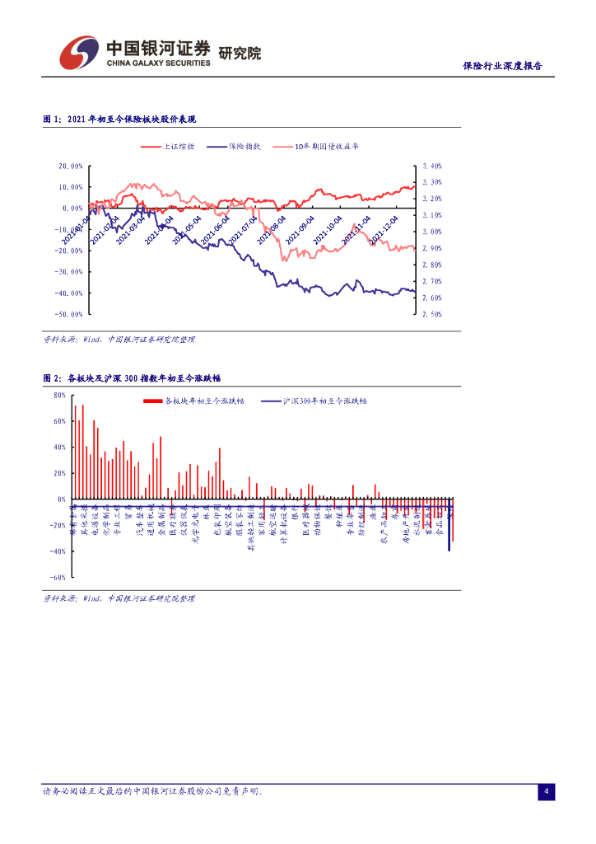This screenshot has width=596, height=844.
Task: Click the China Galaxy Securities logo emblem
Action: click(78, 53)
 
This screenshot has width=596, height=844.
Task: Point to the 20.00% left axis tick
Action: click(70, 166)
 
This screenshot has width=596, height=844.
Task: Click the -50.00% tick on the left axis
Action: click(69, 314)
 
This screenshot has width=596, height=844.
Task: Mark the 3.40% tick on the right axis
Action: click(432, 166)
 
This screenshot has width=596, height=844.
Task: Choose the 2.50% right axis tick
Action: click(432, 314)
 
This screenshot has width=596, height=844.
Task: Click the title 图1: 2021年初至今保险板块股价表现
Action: click(119, 120)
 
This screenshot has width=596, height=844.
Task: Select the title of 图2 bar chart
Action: click(132, 378)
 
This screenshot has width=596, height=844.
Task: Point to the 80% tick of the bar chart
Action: click(58, 395)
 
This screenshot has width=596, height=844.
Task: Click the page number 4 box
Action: click(547, 792)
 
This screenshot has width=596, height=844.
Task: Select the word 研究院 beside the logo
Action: click(240, 54)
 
